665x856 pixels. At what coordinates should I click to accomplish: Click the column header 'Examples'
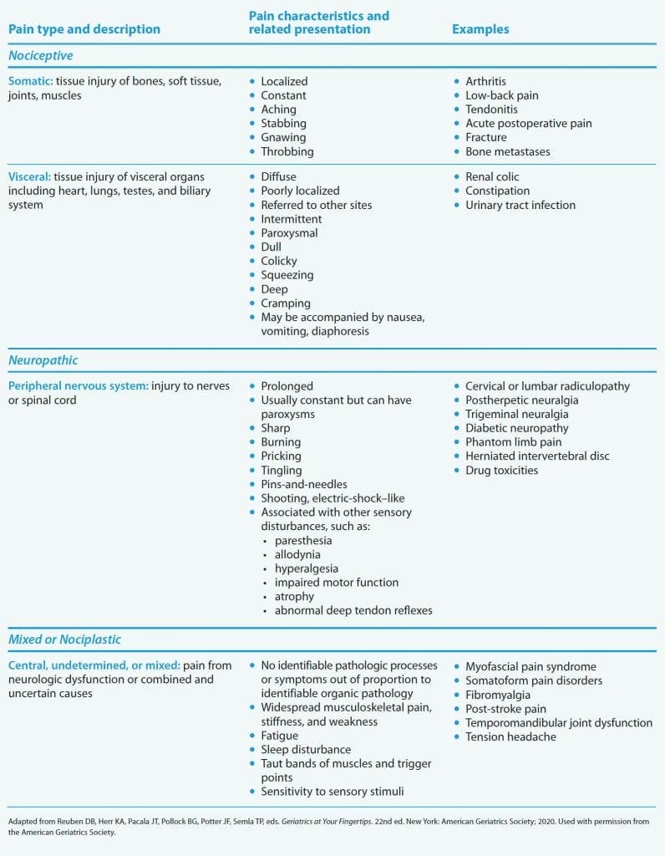[x=480, y=29]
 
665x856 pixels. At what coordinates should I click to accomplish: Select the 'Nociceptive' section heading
[x=41, y=56]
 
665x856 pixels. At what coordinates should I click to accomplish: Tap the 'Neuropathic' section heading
[x=43, y=360]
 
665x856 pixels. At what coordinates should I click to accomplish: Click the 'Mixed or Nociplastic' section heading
[x=65, y=639]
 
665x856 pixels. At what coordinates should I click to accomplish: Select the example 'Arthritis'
[x=486, y=81]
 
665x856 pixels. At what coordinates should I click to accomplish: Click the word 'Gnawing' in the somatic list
[x=283, y=137]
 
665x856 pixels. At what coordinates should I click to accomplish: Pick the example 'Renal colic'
[x=492, y=177]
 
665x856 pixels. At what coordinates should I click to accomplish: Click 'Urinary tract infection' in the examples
[x=520, y=205]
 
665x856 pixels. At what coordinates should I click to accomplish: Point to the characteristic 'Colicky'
[x=279, y=261]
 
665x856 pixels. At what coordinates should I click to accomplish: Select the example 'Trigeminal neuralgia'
[x=517, y=414]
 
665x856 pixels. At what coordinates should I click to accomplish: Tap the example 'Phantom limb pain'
[x=514, y=441]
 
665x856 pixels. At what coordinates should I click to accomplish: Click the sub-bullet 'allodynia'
[x=297, y=554]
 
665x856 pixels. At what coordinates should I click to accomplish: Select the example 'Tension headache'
[x=510, y=736]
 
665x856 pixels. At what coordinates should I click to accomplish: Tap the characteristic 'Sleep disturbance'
[x=306, y=750]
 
